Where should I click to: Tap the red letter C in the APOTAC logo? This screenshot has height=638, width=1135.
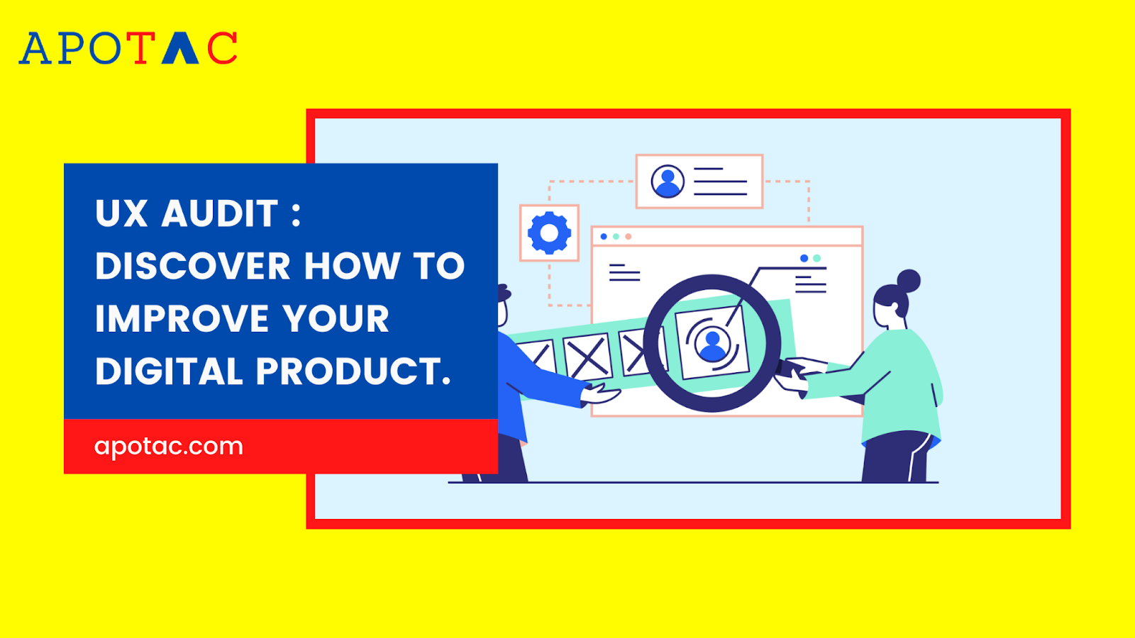tap(222, 48)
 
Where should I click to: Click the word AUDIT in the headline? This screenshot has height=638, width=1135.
tap(220, 213)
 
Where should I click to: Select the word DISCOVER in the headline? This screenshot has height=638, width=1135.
tap(192, 266)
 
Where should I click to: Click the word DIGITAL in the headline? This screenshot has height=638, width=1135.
tap(169, 371)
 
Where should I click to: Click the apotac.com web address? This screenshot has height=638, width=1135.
tap(169, 446)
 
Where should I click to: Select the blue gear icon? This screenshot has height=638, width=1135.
tap(549, 233)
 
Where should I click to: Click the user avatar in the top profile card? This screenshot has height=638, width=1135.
tap(668, 181)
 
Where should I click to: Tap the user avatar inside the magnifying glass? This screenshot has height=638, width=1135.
tap(712, 345)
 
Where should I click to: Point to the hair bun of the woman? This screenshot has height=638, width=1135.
tap(909, 281)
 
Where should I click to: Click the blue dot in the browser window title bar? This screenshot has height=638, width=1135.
tap(604, 237)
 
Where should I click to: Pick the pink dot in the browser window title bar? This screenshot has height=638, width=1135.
tap(629, 237)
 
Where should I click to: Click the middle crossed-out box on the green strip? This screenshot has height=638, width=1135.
tap(587, 357)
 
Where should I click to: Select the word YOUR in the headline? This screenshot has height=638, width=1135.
tap(336, 318)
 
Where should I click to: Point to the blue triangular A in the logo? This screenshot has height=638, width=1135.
tap(180, 48)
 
